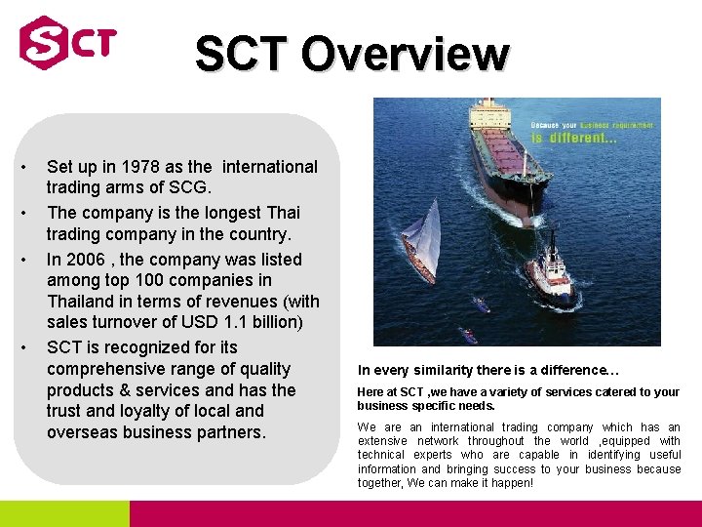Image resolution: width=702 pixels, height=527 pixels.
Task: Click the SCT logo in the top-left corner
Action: pyautogui.click(x=67, y=43)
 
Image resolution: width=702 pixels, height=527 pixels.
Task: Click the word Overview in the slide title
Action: pyautogui.click(x=404, y=55)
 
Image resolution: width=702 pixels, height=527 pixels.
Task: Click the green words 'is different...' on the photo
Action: pyautogui.click(x=574, y=138)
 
